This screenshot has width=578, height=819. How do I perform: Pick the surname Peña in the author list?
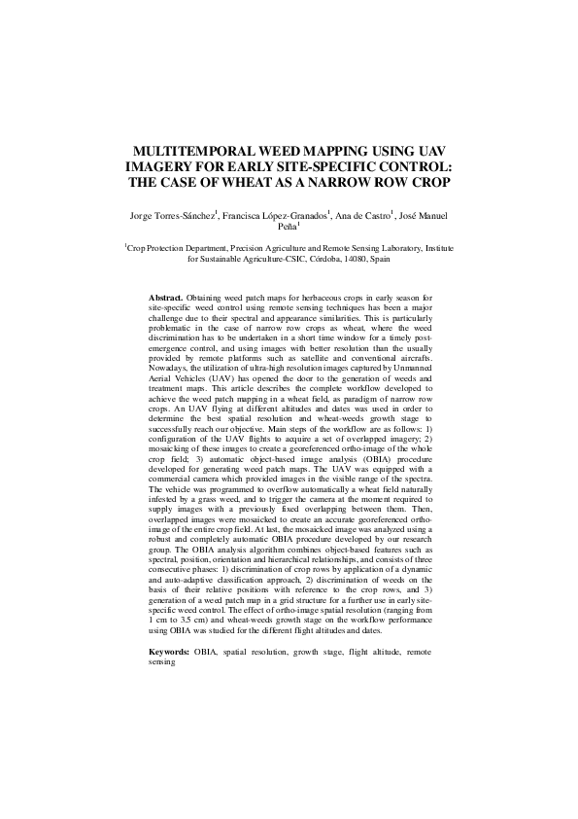pos(287,228)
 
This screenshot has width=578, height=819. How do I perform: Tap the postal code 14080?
pos(345,260)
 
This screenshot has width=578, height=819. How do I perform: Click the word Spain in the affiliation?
pos(380,260)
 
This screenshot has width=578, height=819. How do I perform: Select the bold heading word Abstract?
pos(165,295)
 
